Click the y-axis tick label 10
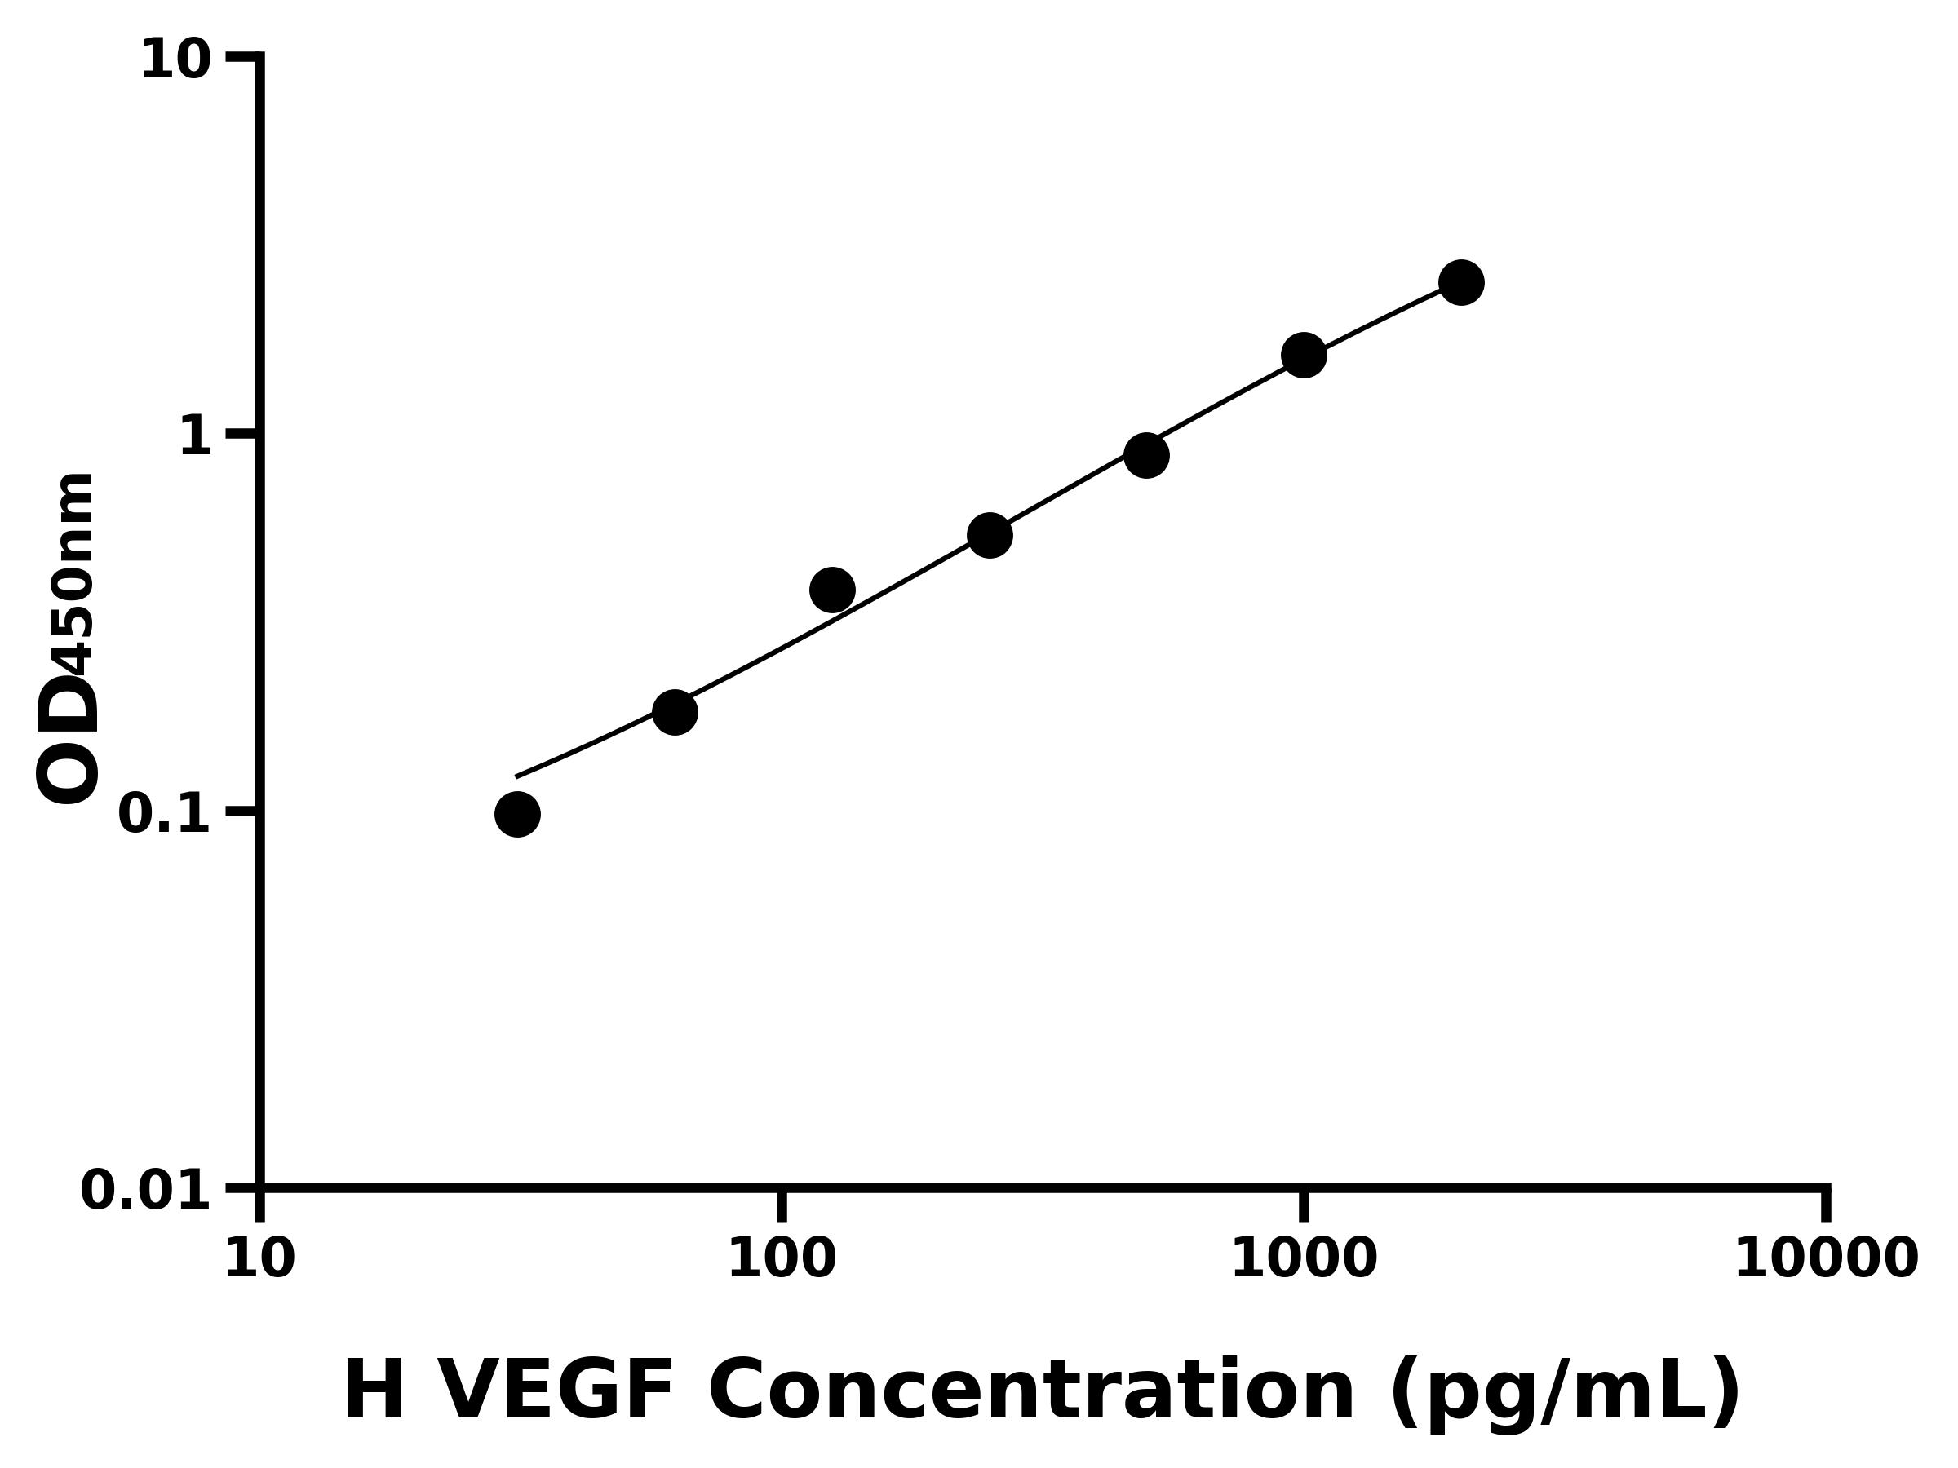pyautogui.click(x=176, y=61)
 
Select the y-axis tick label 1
pyautogui.click(x=196, y=437)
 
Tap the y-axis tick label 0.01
pyautogui.click(x=146, y=1190)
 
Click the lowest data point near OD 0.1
pyautogui.click(x=517, y=814)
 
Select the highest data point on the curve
pyautogui.click(x=1460, y=282)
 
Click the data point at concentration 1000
pyautogui.click(x=1303, y=355)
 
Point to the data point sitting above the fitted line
pyautogui.click(x=831, y=590)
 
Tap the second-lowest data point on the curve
pyautogui.click(x=675, y=711)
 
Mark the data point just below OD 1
pyautogui.click(x=1146, y=455)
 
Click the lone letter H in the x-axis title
pyautogui.click(x=374, y=1392)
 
